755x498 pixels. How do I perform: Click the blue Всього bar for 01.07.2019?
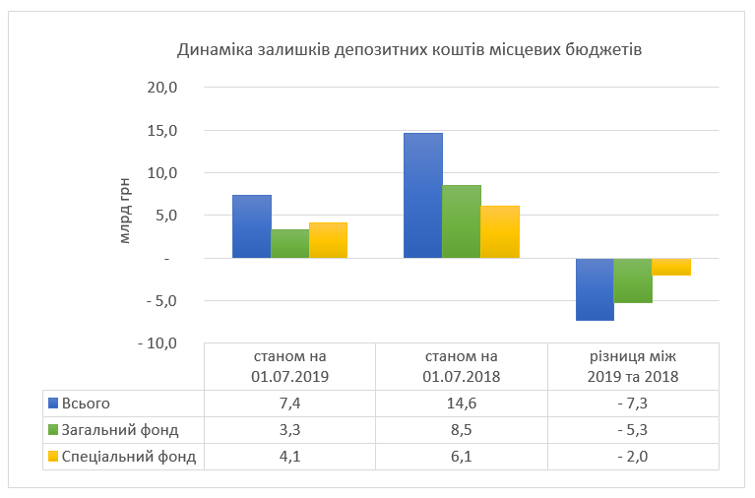pyautogui.click(x=251, y=226)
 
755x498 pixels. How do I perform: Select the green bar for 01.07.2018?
pyautogui.click(x=462, y=221)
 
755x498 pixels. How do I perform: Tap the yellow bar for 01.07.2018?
pyautogui.click(x=500, y=232)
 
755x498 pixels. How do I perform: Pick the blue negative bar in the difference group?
pyautogui.click(x=595, y=289)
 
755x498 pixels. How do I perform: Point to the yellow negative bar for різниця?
pyautogui.click(x=671, y=267)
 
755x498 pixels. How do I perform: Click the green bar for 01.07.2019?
pyautogui.click(x=289, y=243)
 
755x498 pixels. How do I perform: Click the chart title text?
pyautogui.click(x=409, y=49)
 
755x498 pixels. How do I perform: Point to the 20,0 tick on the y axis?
pyautogui.click(x=162, y=88)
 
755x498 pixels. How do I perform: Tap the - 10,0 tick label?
pyautogui.click(x=157, y=343)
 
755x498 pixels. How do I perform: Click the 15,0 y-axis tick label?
pyautogui.click(x=162, y=131)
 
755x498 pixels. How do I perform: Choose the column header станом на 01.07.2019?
pyautogui.click(x=289, y=366)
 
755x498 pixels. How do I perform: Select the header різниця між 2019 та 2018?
pyautogui.click(x=633, y=366)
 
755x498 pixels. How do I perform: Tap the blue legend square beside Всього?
pyautogui.click(x=52, y=403)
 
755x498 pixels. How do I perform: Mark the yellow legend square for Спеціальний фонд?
pyautogui.click(x=52, y=457)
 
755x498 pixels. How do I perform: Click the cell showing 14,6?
pyautogui.click(x=462, y=403)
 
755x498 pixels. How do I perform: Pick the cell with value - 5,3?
pyautogui.click(x=633, y=430)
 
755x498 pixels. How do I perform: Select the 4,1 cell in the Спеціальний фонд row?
pyautogui.click(x=289, y=457)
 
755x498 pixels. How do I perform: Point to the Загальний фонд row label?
pyautogui.click(x=119, y=430)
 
